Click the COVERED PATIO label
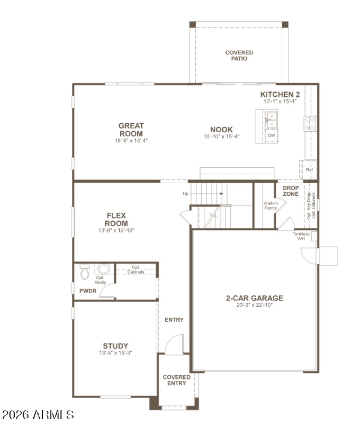pos(239,55)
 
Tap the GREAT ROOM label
pos(131,130)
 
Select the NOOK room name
pos(221,130)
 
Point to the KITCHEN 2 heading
pos(280,94)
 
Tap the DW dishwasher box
pos(271,135)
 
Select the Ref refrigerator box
pos(309,170)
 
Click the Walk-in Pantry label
pos(270,206)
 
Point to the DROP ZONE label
pos(291,190)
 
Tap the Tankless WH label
pos(301,236)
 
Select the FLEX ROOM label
pos(116,220)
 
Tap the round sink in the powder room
pos(104,269)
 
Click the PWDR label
pos(88,291)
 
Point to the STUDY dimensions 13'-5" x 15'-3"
pos(116,353)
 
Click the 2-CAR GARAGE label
pos(254,298)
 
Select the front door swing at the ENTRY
pos(175,345)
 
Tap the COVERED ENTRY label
pos(176,380)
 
